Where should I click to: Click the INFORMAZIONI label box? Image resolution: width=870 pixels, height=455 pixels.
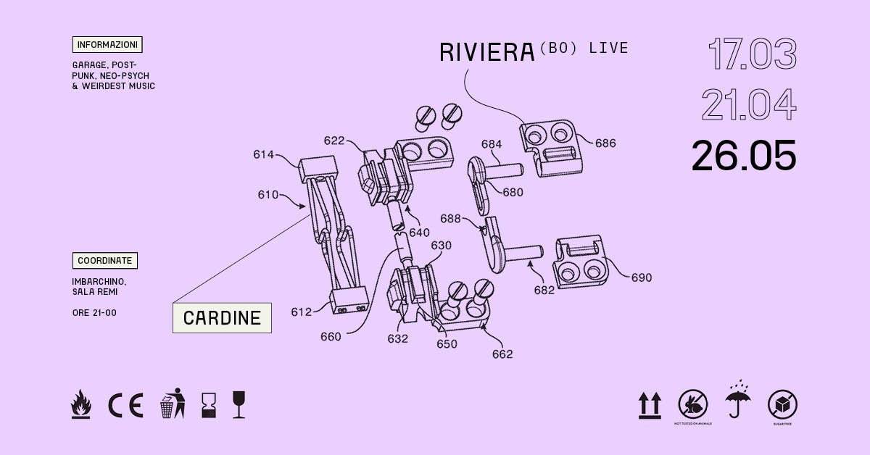point(107,45)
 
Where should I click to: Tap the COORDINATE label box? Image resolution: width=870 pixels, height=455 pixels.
point(104,261)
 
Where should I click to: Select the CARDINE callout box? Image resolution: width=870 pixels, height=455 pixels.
point(222,318)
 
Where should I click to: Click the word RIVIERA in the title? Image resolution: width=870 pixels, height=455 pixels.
point(486,52)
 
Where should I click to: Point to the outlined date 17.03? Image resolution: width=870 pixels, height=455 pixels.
point(752,54)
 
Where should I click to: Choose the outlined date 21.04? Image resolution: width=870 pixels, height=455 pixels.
point(748,105)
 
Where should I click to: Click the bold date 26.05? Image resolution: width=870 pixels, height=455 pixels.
point(744,156)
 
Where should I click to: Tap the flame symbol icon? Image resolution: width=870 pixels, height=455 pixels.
point(82,404)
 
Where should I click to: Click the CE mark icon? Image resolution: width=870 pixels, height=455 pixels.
point(125,404)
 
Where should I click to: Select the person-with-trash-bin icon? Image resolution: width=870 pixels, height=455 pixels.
point(172,404)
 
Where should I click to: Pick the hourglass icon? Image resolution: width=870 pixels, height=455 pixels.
point(209,404)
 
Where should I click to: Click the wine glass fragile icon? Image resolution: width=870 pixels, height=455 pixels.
point(239,404)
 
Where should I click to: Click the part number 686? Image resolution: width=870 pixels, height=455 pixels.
point(605,143)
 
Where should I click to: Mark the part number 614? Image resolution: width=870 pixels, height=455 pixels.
point(264,154)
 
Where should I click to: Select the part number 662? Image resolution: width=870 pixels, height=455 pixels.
point(502,354)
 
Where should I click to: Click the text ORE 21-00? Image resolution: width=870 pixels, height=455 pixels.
point(94,313)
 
